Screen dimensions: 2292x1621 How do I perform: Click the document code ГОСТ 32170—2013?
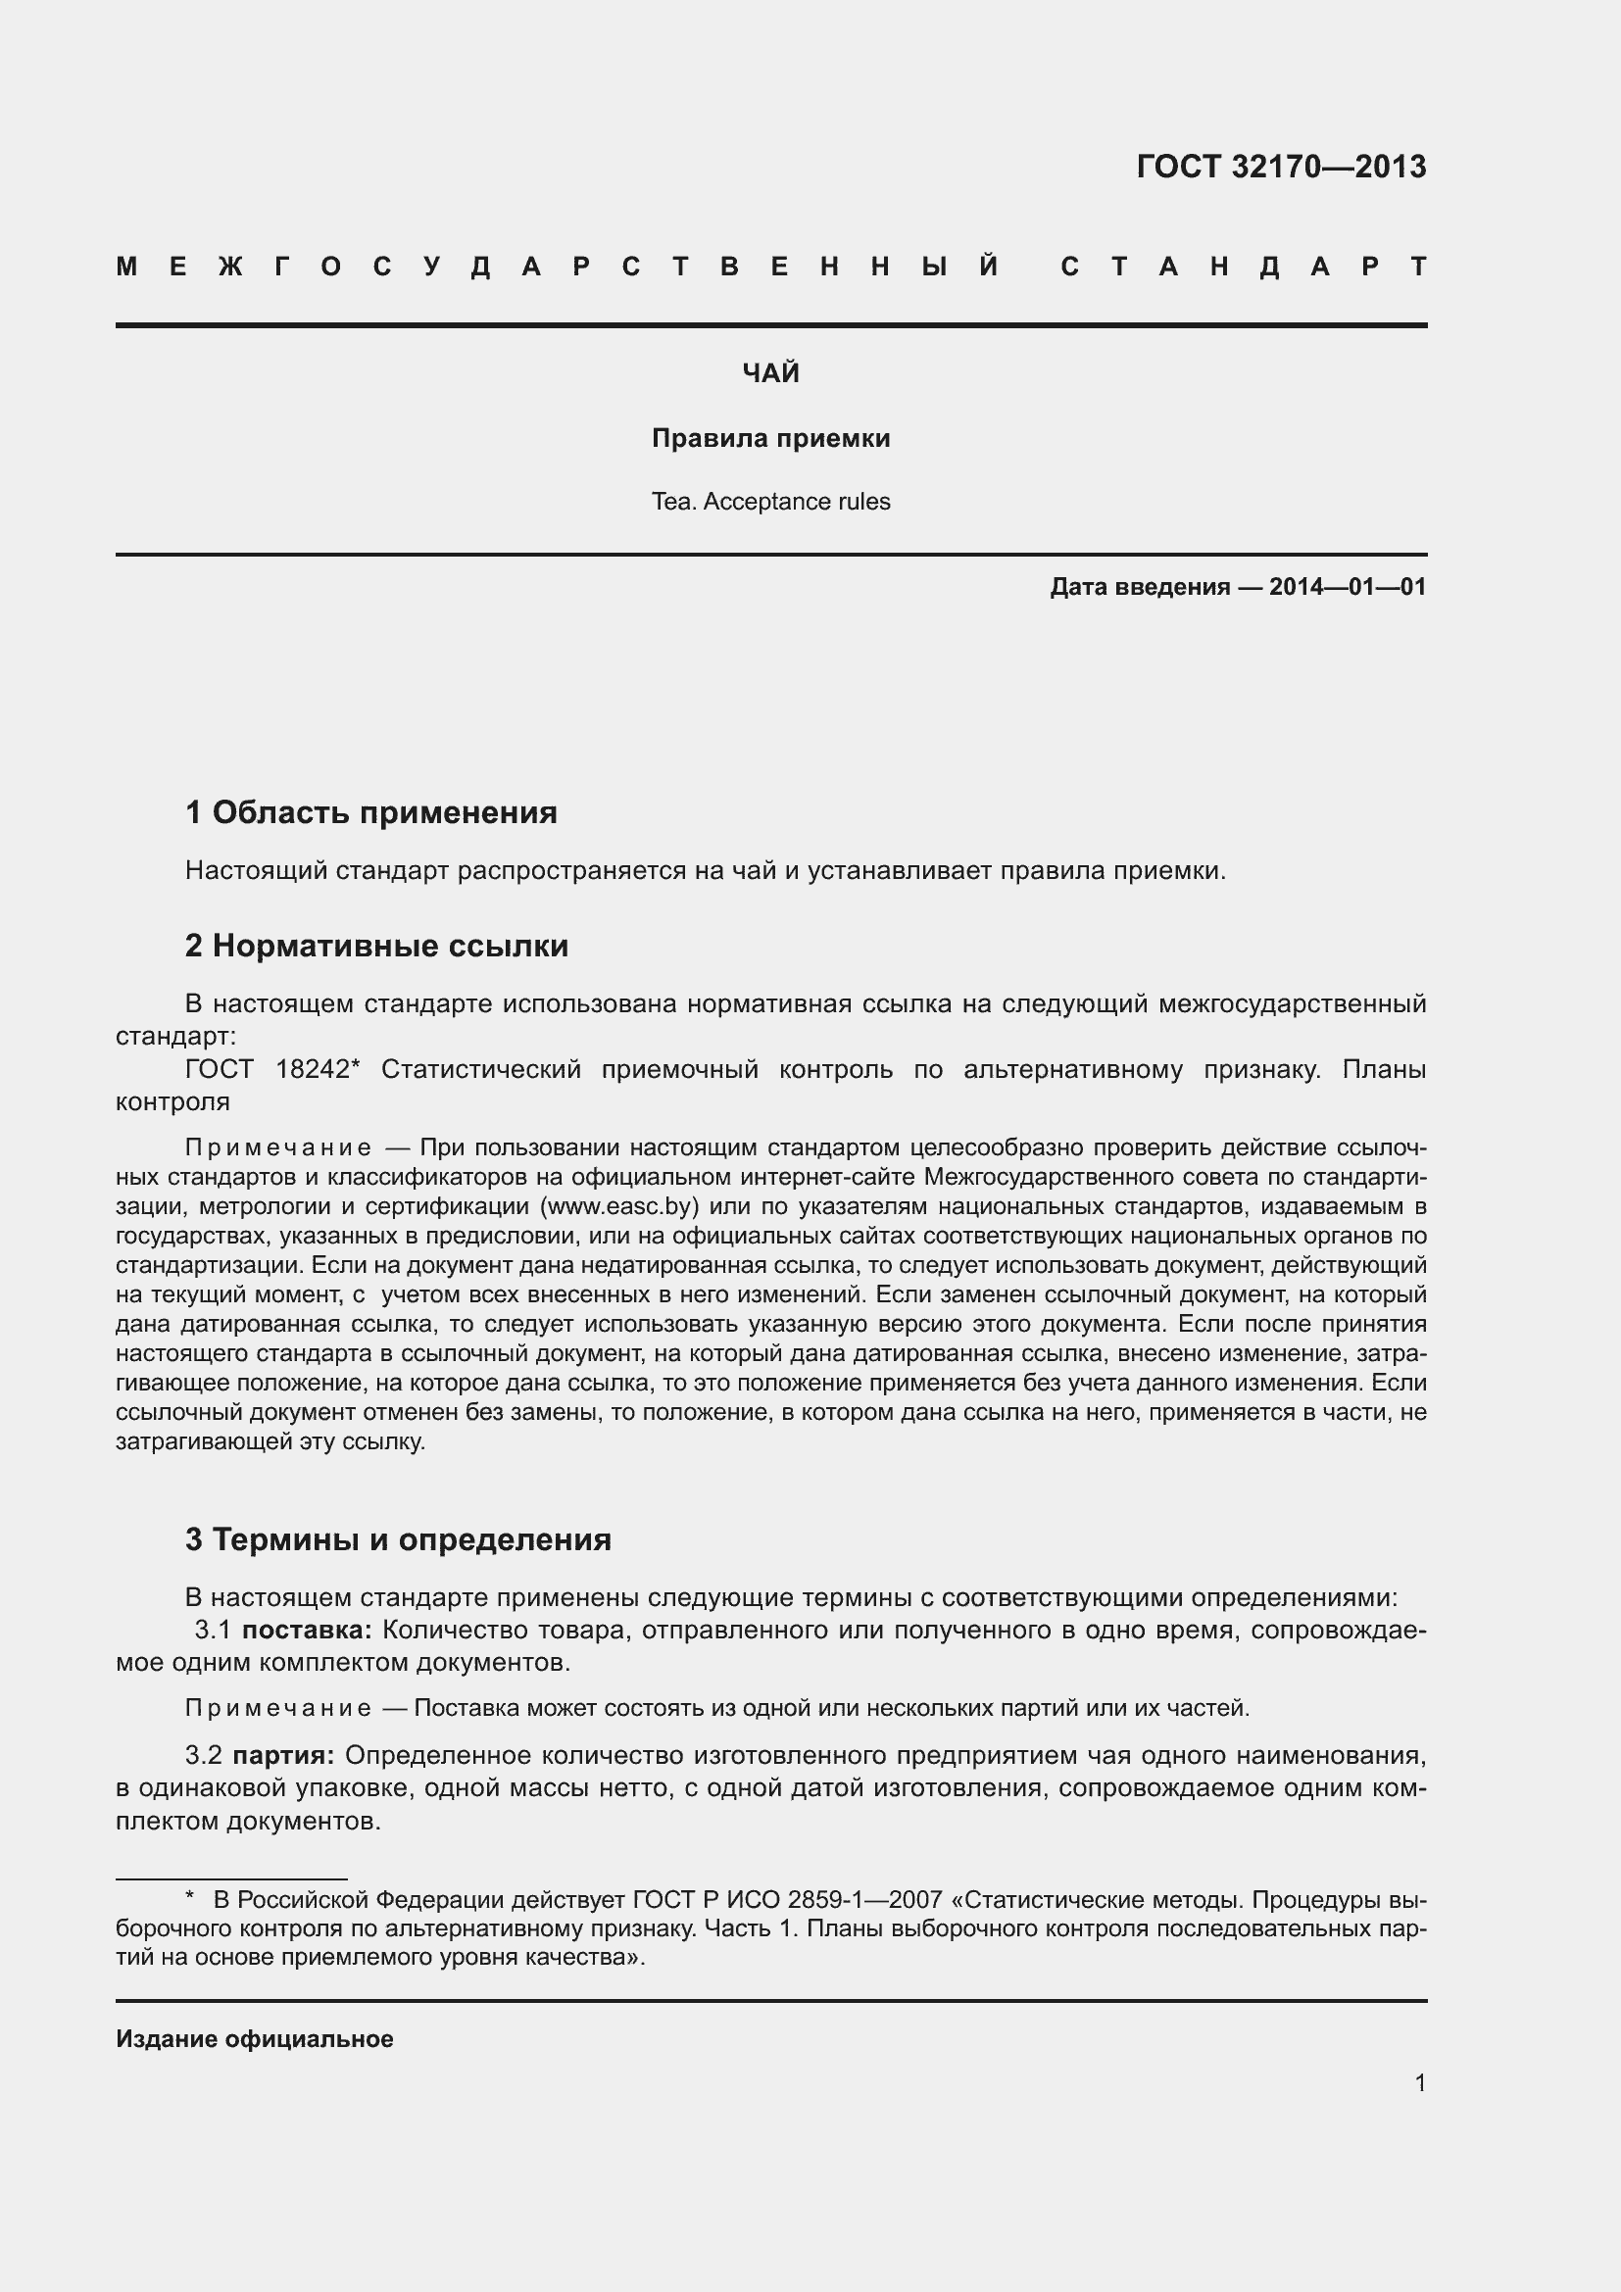[1281, 166]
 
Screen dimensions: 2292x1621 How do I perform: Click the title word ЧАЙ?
[770, 373]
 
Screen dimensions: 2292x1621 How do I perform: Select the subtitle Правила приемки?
[770, 438]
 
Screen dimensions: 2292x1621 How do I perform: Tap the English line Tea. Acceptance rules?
[770, 501]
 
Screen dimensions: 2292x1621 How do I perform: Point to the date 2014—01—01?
[1348, 587]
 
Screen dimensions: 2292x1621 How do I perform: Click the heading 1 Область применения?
[371, 812]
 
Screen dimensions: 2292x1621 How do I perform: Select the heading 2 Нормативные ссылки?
[376, 946]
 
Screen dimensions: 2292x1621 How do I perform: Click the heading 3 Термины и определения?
[398, 1539]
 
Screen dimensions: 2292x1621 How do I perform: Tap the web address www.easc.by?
[618, 1206]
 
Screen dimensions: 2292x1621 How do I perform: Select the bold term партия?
[283, 1755]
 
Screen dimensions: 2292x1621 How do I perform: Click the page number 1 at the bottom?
[1420, 2082]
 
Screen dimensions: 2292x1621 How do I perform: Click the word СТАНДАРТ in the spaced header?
[1244, 267]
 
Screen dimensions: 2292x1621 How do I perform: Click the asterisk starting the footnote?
[191, 1898]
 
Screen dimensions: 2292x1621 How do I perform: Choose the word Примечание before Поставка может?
[278, 1708]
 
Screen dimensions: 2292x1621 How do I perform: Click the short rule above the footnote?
[231, 1878]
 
